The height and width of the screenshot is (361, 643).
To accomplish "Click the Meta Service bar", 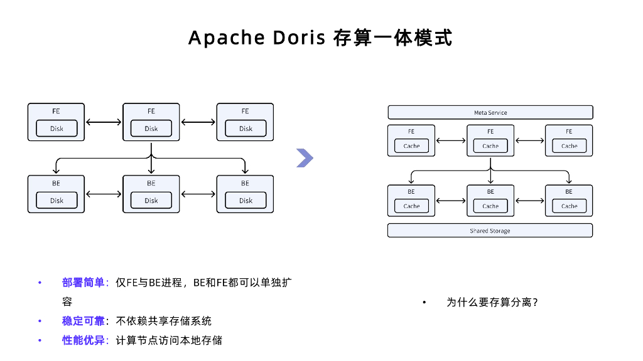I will [490, 113].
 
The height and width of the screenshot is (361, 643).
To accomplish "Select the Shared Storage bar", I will [490, 231].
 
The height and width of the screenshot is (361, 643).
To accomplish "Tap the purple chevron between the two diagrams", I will [305, 159].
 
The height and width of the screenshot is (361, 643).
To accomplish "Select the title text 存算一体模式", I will [392, 38].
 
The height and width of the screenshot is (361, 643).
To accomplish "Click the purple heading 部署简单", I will [83, 283].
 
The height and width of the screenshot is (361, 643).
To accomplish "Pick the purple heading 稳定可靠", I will [83, 321].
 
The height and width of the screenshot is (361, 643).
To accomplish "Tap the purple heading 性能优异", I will [83, 340].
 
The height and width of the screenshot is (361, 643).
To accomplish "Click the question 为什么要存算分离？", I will [492, 302].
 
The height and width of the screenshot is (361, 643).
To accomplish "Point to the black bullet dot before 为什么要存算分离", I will [424, 303].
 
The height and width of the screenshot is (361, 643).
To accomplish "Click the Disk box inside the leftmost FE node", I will [57, 128].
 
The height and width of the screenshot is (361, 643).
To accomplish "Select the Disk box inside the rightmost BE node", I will [246, 201].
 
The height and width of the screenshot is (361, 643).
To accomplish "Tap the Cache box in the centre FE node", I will [490, 146].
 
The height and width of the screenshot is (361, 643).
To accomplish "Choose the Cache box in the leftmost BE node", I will [411, 206].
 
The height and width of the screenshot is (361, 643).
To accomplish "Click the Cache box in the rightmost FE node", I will [569, 146].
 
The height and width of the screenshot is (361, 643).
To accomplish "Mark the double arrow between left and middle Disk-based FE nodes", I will [104, 122].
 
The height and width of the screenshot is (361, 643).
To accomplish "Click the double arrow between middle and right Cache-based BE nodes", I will [529, 201].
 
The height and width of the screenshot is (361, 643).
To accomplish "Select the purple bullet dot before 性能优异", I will [40, 340].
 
